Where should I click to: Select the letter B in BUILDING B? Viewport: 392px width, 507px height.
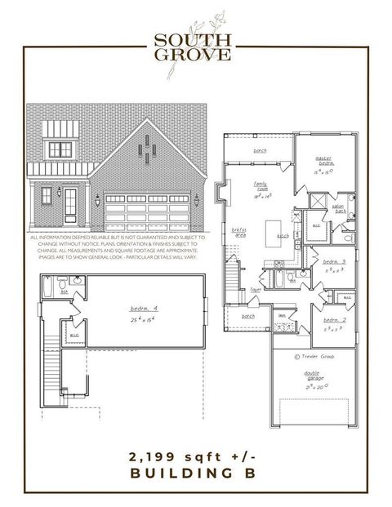[x=251, y=473]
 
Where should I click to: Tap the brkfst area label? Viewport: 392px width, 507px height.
[x=239, y=232]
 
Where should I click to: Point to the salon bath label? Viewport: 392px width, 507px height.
[x=336, y=208]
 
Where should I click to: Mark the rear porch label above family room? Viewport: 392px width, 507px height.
[x=260, y=151]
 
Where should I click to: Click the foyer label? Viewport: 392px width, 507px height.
[x=256, y=288]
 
